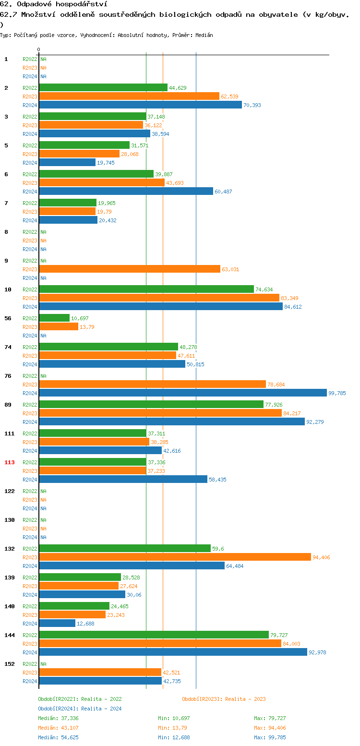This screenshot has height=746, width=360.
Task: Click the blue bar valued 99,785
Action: pyautogui.click(x=183, y=393)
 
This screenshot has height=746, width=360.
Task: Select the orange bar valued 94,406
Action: pyautogui.click(x=175, y=557)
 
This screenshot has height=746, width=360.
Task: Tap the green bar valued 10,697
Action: pyautogui.click(x=54, y=318)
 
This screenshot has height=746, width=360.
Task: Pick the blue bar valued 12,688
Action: pyautogui.click(x=57, y=623)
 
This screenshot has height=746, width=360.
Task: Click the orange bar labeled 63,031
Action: pyautogui.click(x=130, y=269)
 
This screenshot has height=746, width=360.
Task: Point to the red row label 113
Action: pyautogui.click(x=10, y=462)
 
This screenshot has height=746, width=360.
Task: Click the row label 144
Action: pyautogui.click(x=10, y=635)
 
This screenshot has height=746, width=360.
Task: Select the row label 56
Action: pyautogui.click(x=8, y=318)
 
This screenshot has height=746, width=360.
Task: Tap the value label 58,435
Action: pyautogui.click(x=218, y=480)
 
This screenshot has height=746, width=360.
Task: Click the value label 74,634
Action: pyautogui.click(x=265, y=289)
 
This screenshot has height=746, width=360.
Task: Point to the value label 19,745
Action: pyautogui.click(x=107, y=163)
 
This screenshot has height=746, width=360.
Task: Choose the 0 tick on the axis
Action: pyautogui.click(x=38, y=49)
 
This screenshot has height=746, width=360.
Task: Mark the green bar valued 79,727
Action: pyautogui.click(x=154, y=635)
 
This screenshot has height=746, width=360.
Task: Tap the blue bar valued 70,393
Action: pyautogui.click(x=140, y=105)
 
